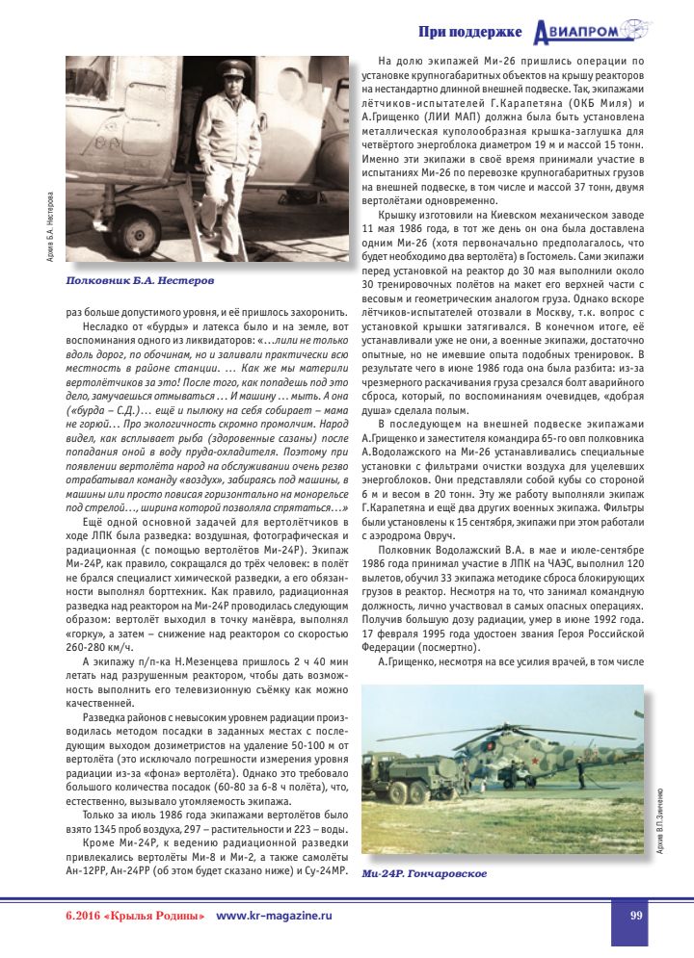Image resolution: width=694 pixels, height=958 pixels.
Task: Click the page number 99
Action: (x=636, y=916)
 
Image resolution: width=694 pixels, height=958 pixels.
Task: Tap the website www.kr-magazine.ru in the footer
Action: (x=274, y=916)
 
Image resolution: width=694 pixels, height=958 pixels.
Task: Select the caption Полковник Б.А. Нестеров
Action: (x=140, y=281)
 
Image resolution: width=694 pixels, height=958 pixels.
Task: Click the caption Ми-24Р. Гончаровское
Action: (x=424, y=873)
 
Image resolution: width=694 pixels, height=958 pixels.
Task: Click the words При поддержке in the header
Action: (x=470, y=33)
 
